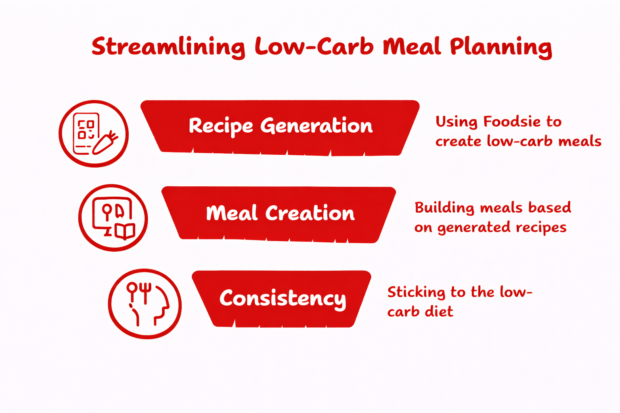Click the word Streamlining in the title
pyautogui.click(x=168, y=47)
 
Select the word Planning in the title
pyautogui.click(x=501, y=47)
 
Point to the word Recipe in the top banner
pyautogui.click(x=220, y=126)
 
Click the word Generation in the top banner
pyautogui.click(x=316, y=126)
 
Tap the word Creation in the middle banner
pyautogui.click(x=310, y=213)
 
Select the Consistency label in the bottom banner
pyautogui.click(x=283, y=299)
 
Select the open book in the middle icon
pyautogui.click(x=124, y=232)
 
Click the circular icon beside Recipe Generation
pyautogui.click(x=94, y=133)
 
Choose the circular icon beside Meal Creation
pyautogui.click(x=113, y=218)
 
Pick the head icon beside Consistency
pyautogui.click(x=145, y=304)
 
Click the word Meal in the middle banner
pyautogui.click(x=231, y=213)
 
